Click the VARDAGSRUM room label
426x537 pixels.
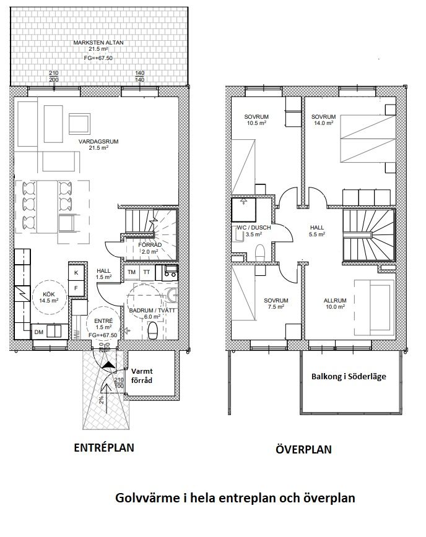click(98, 142)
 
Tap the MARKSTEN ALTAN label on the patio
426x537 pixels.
click(98, 43)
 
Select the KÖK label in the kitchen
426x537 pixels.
click(49, 294)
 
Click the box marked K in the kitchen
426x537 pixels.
click(76, 273)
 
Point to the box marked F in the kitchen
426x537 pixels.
click(76, 288)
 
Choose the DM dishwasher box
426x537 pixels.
click(39, 332)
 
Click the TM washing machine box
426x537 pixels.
click(132, 272)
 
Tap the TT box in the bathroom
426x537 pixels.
click(147, 272)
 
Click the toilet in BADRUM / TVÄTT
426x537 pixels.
click(152, 331)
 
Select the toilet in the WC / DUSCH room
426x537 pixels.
click(261, 252)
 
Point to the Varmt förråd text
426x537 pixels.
click(142, 376)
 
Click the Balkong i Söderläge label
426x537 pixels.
click(349, 376)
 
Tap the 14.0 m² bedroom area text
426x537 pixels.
click(324, 123)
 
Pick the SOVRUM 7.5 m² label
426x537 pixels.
click(276, 304)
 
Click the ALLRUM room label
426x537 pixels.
click(335, 301)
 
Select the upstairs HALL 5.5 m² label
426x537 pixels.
click(317, 231)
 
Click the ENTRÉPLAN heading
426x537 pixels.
click(104, 448)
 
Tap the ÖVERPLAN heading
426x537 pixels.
click(303, 449)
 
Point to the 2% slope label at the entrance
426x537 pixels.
click(102, 399)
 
